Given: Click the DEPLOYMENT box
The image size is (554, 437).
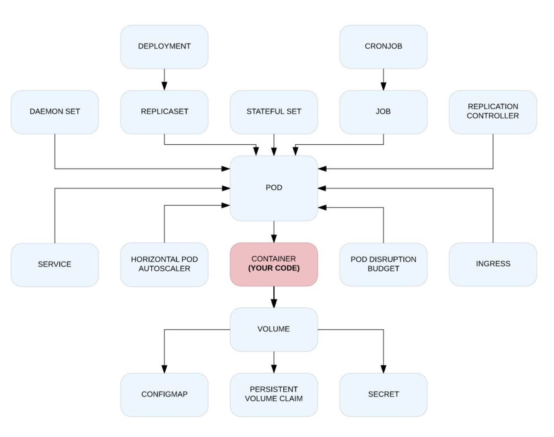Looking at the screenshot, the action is click(164, 47).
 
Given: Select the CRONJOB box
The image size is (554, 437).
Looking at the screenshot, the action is click(383, 47).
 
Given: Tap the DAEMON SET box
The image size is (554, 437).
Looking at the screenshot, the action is click(55, 112).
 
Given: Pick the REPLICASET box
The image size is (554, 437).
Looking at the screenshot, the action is click(164, 112).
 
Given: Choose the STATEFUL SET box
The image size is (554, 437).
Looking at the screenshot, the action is click(274, 112).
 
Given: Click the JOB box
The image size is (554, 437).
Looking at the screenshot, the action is click(383, 112).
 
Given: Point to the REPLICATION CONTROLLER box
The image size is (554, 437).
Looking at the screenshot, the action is click(493, 112).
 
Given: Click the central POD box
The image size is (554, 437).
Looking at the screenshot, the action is click(274, 188).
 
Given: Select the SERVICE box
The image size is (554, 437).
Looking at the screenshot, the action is click(55, 265).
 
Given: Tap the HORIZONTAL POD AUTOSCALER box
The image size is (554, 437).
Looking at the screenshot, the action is click(164, 265).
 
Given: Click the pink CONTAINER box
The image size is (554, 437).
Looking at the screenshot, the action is click(274, 264).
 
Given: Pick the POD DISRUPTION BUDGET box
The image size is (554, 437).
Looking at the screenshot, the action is click(383, 265).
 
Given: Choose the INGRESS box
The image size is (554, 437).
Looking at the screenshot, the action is click(493, 264).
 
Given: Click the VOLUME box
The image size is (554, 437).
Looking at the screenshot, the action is click(274, 330).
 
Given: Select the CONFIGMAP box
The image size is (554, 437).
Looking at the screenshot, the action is click(164, 395).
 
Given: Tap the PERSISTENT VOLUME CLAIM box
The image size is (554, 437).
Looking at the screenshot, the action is click(274, 395).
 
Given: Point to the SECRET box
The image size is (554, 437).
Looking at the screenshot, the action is click(383, 395).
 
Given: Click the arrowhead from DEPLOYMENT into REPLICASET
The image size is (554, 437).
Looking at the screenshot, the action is click(164, 86).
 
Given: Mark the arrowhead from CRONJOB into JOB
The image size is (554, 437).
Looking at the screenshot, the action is click(383, 86).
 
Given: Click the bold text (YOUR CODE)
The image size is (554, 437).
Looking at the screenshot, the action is click(274, 268).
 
